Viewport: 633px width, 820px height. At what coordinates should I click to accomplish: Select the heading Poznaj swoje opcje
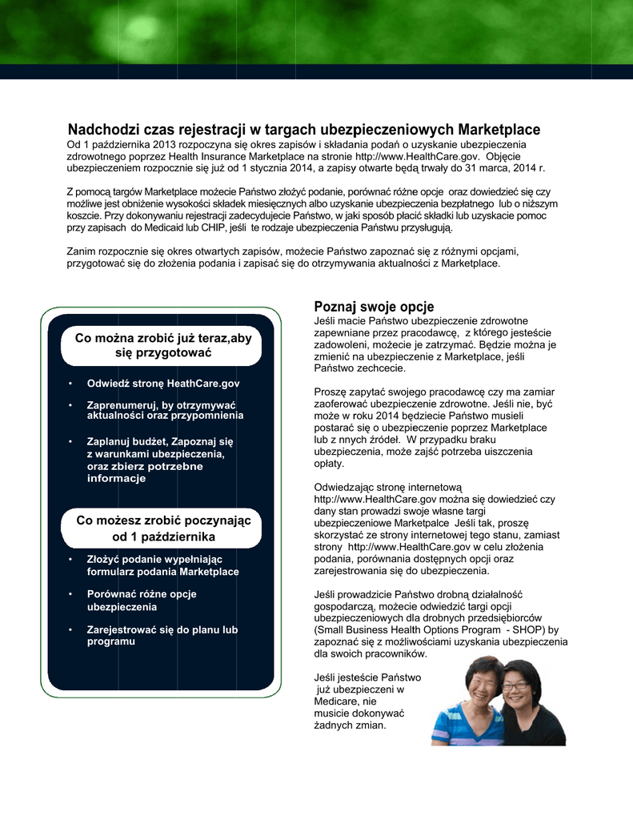(374, 307)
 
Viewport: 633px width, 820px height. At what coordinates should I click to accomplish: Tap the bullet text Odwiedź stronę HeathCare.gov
(163, 384)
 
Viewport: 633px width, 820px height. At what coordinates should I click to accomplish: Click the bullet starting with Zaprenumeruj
(164, 411)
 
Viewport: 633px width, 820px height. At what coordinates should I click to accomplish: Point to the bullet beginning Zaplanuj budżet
(160, 460)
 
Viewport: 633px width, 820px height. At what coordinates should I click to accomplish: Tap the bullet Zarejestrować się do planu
(162, 635)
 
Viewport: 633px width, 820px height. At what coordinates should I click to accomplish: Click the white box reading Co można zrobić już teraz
(162, 345)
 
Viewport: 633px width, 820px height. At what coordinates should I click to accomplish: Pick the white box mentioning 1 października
(162, 529)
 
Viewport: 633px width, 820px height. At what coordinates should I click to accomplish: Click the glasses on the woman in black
(515, 686)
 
